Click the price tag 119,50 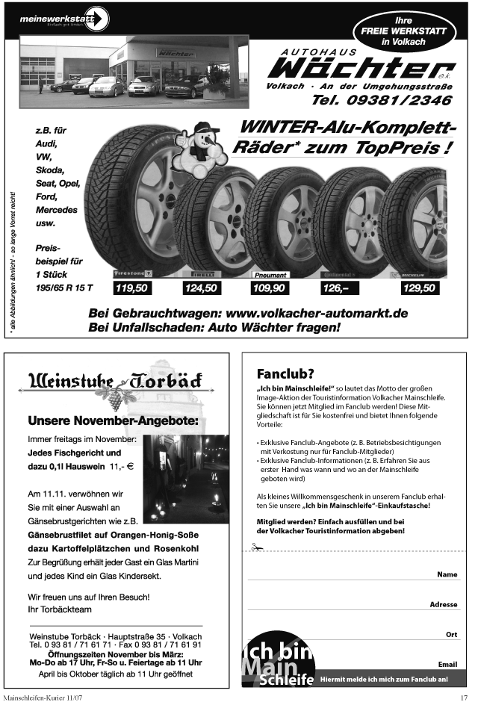[131, 288]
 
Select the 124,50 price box [201, 288]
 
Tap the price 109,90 [269, 288]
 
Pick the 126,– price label [339, 288]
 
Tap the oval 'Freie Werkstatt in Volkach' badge [403, 32]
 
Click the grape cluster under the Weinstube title [115, 400]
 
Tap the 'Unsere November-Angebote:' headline [113, 421]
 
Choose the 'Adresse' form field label [444, 604]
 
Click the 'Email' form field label [447, 664]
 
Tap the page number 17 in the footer [463, 698]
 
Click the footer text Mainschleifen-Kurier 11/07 [43, 698]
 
